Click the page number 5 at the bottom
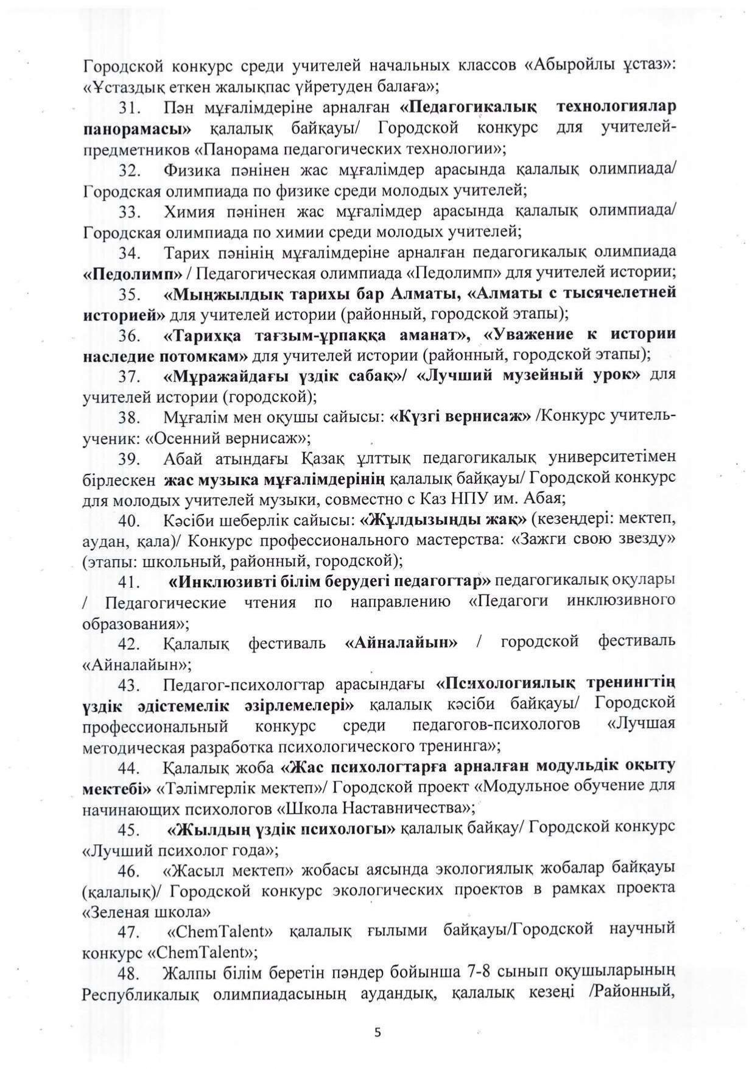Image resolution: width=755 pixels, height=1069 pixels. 378,1032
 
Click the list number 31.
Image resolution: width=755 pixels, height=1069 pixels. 130,108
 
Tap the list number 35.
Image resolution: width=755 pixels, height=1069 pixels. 130,294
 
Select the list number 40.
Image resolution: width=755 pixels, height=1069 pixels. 130,521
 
